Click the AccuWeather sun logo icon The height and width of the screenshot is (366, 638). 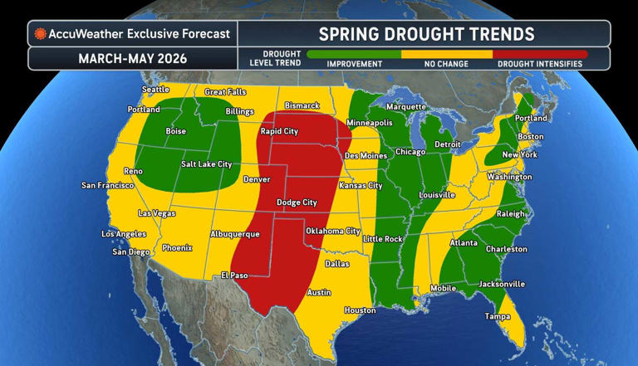pos(39,34)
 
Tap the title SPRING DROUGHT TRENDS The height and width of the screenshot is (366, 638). pos(425,34)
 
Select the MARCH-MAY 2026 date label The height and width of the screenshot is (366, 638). pos(132,59)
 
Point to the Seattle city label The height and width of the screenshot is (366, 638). pos(155,90)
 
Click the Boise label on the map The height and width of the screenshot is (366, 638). pos(177,130)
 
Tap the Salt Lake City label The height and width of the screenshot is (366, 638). pos(206,164)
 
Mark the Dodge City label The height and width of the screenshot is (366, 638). pos(297,202)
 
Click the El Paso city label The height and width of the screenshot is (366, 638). pos(235,275)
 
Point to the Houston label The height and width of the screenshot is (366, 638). pos(360,310)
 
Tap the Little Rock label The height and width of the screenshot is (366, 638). pos(383,239)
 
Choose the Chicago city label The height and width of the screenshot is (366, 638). pos(410,152)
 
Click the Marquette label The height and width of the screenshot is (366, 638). pos(407,107)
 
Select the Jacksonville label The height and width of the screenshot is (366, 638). pos(501,284)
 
